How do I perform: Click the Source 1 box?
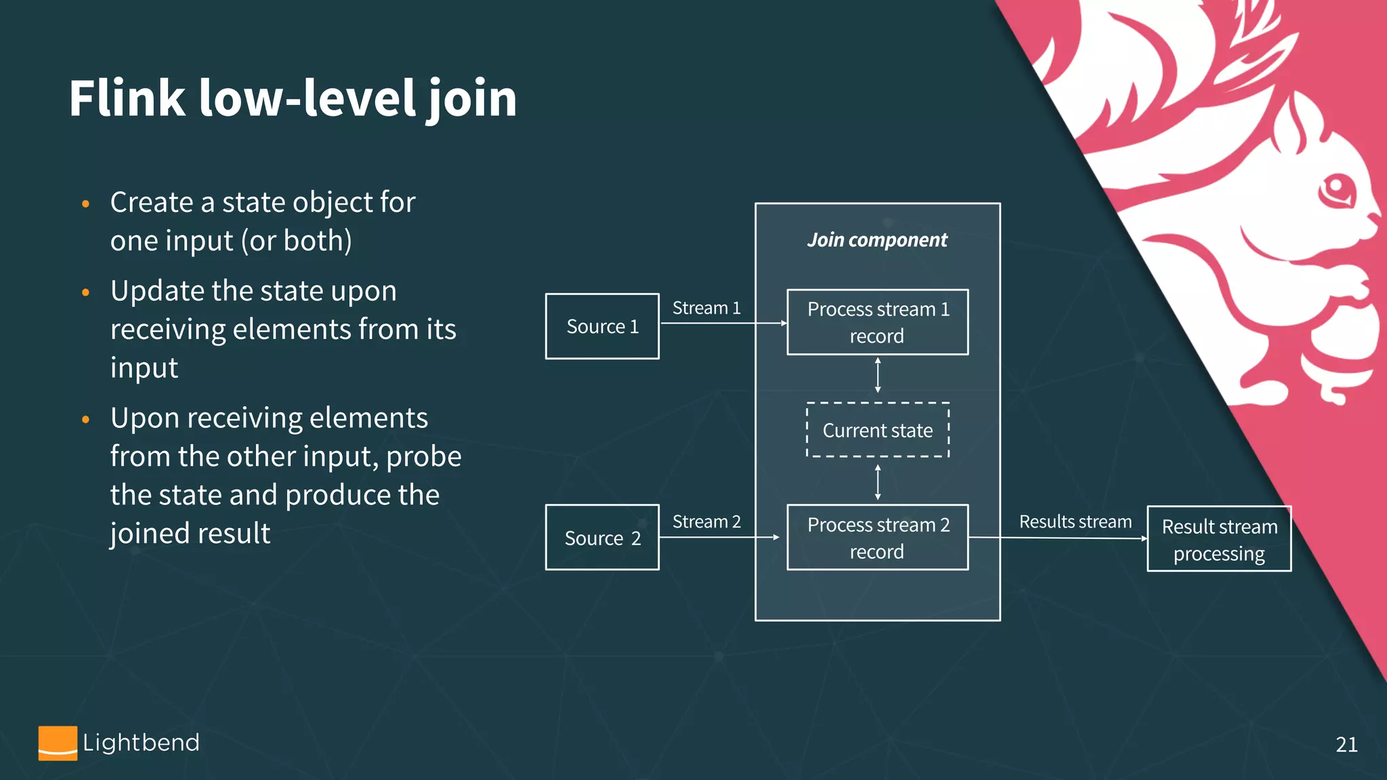pyautogui.click(x=602, y=326)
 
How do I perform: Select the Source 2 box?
pyautogui.click(x=602, y=538)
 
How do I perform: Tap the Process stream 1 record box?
pyautogui.click(x=877, y=322)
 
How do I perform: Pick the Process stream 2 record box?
pyautogui.click(x=877, y=538)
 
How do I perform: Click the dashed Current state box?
pyautogui.click(x=878, y=431)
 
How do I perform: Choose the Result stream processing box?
pyautogui.click(x=1219, y=540)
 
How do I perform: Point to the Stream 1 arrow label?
pyautogui.click(x=706, y=308)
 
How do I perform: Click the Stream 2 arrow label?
pyautogui.click(x=706, y=522)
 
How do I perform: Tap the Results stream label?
pyautogui.click(x=1075, y=522)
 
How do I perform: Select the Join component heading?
pyautogui.click(x=877, y=240)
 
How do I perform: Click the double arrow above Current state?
pyautogui.click(x=878, y=375)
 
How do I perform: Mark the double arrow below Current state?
pyautogui.click(x=878, y=482)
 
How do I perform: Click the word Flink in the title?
pyautogui.click(x=127, y=99)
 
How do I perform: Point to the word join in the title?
pyautogui.click(x=472, y=99)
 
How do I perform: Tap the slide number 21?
pyautogui.click(x=1346, y=745)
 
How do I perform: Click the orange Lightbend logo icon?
pyautogui.click(x=58, y=743)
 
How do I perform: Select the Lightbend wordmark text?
pyautogui.click(x=141, y=743)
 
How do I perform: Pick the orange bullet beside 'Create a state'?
pyautogui.click(x=85, y=204)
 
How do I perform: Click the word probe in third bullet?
pyautogui.click(x=423, y=456)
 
